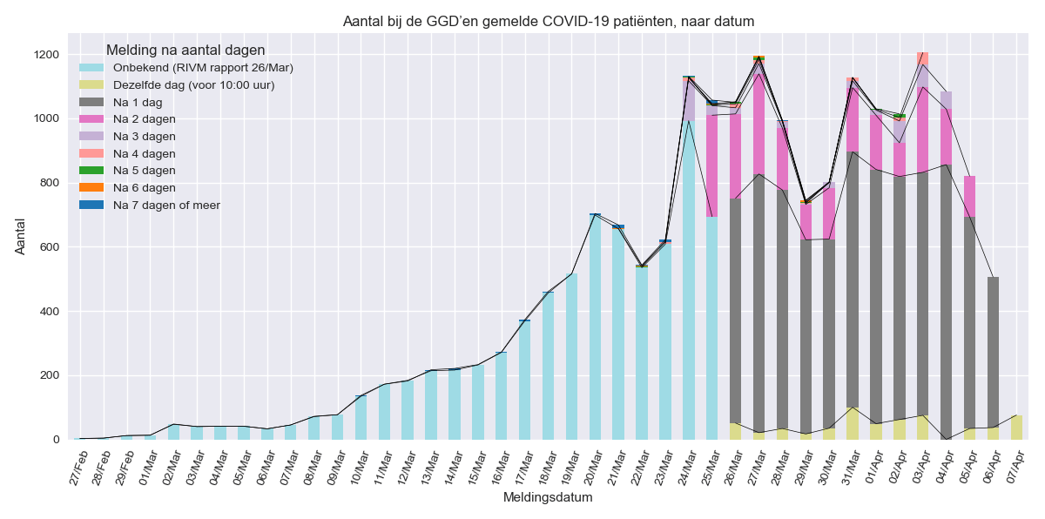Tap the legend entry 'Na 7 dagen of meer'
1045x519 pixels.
coord(173,205)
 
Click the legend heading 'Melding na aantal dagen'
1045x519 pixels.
coord(185,51)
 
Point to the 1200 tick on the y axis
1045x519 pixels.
coord(45,54)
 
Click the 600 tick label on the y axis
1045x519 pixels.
coord(49,246)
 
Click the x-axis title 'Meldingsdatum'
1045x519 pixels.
coord(548,497)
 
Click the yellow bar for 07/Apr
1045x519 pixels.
coord(1016,428)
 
